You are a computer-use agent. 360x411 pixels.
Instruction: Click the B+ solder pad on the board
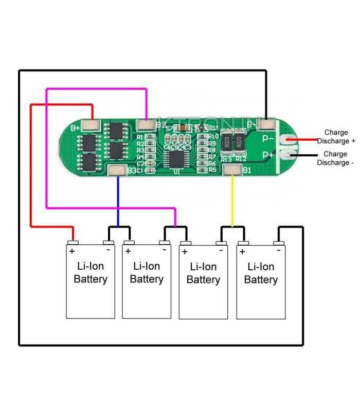coord(93,124)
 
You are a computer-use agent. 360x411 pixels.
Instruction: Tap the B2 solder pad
coord(146,124)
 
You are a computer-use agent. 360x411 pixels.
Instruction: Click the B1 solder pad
coord(232,170)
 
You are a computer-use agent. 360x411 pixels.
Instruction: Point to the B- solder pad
coord(266,124)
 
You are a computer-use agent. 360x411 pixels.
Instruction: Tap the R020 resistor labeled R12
coord(240,142)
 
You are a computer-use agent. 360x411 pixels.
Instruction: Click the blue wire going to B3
coord(118,200)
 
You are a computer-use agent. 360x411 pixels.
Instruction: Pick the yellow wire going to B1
coord(232,200)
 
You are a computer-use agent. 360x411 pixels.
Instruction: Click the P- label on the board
coord(268,138)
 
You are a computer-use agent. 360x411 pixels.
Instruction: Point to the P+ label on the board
coord(268,155)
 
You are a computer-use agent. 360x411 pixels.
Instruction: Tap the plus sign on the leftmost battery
coord(72,251)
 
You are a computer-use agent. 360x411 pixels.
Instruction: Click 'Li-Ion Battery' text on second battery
coord(147,272)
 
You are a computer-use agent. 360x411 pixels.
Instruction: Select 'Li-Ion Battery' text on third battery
coord(203,273)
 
